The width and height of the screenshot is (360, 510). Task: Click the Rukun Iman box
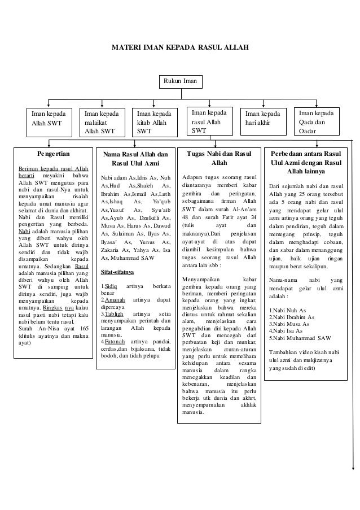click(x=181, y=82)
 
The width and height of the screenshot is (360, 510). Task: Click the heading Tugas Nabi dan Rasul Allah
click(x=219, y=159)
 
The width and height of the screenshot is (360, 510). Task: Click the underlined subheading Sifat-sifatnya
click(x=117, y=272)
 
